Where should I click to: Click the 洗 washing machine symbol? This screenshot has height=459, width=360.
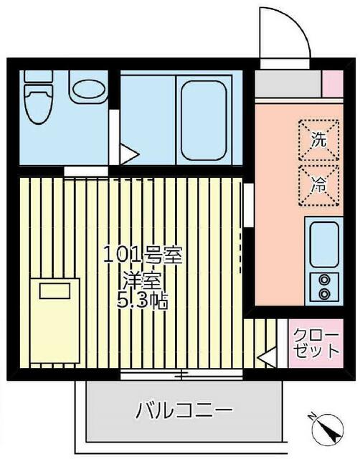[x=318, y=138]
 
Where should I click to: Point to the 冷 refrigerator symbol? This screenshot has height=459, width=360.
[x=318, y=184]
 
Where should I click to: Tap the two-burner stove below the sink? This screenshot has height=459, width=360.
[x=323, y=286]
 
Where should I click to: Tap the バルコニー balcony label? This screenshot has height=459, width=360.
[x=184, y=411]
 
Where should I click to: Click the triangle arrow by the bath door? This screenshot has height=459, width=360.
[x=128, y=154]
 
